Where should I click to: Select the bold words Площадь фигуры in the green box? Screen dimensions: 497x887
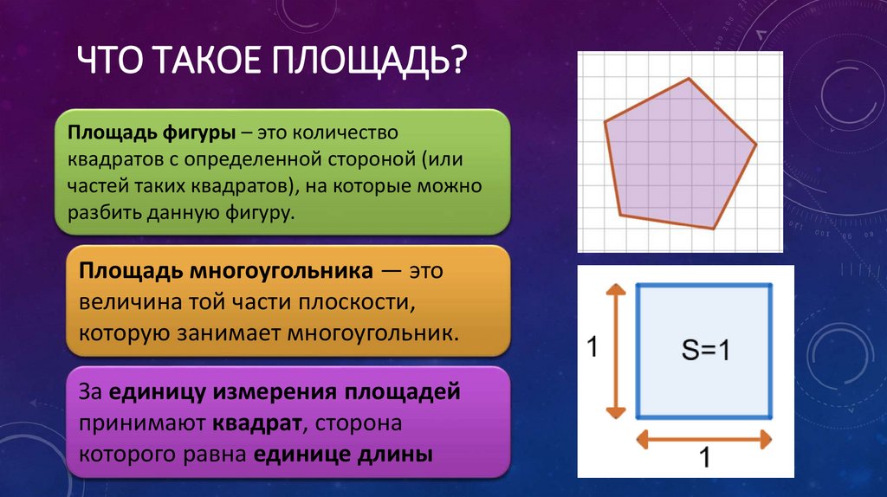152,134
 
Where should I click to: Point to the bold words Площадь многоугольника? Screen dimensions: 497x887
226,271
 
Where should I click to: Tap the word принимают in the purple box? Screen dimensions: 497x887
140,423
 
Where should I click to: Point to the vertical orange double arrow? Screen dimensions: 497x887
615,351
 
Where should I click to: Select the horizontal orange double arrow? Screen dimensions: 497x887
702,440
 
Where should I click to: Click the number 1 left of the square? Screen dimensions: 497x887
592,348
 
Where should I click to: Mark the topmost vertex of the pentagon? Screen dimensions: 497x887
690,79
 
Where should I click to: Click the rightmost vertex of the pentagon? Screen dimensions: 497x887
756,144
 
